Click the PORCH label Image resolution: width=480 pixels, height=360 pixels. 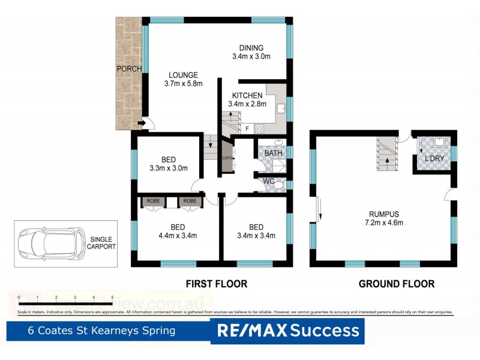129,69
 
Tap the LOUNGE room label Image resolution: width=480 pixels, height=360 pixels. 183,80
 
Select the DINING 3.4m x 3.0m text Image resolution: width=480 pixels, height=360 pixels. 251,53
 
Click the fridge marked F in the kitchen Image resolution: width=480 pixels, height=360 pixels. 246,128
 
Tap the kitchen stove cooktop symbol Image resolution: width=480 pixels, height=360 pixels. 260,128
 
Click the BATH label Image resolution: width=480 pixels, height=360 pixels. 274,154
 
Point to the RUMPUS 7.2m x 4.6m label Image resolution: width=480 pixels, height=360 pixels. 384,218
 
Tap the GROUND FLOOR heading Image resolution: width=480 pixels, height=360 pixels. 396,284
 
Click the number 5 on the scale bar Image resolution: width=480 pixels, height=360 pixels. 112,298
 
